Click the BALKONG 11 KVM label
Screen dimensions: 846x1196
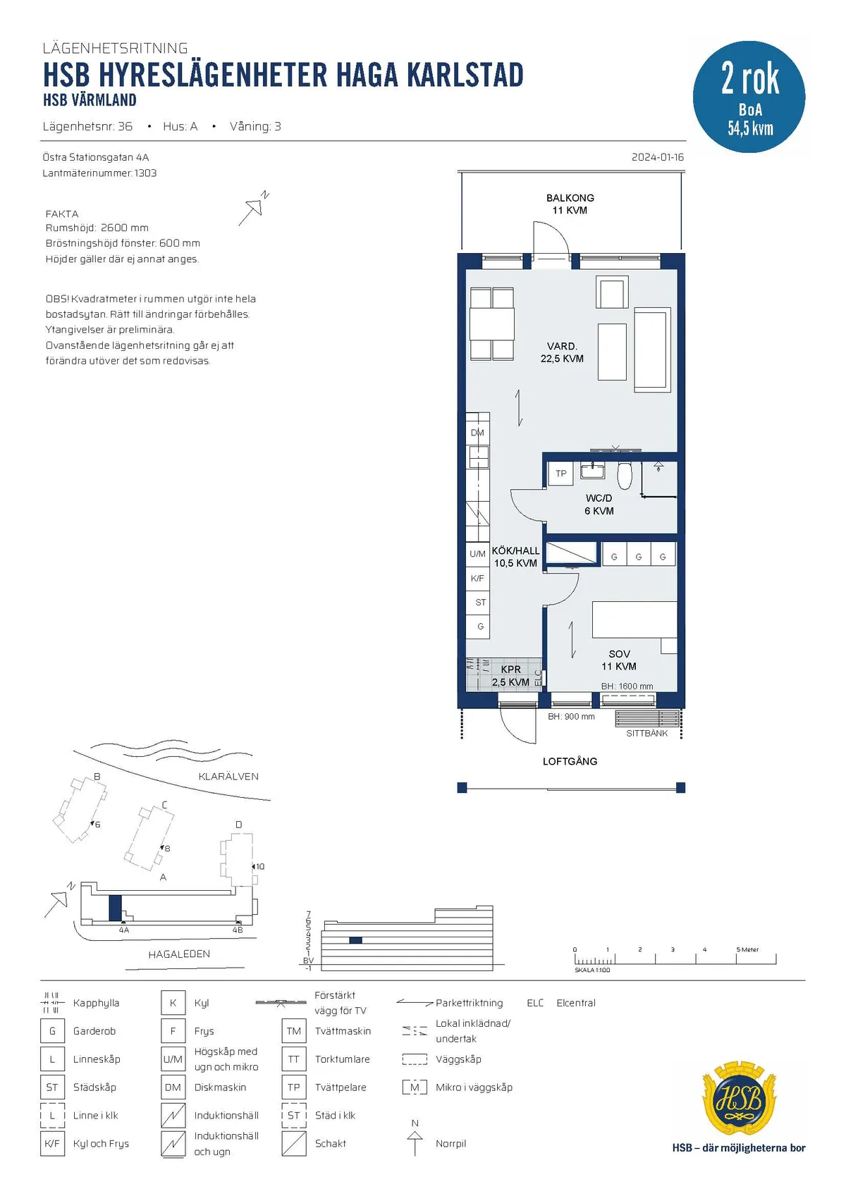(x=570, y=204)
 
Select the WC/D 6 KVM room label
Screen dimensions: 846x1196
(x=599, y=505)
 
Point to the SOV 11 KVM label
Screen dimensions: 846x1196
(x=619, y=660)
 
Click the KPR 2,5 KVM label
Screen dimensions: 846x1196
(x=510, y=675)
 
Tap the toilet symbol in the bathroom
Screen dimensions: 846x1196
(x=625, y=474)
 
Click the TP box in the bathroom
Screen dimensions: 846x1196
(x=560, y=473)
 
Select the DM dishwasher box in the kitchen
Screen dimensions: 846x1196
(x=477, y=433)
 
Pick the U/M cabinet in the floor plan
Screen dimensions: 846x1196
(x=477, y=554)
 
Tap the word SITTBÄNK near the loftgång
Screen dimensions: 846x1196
(x=646, y=733)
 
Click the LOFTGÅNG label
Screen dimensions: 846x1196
(x=570, y=761)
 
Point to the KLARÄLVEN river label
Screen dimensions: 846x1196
(x=228, y=777)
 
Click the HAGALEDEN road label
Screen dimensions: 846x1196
(x=179, y=954)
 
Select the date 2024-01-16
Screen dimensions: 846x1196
(x=658, y=157)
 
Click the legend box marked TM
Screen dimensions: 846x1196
(x=294, y=1031)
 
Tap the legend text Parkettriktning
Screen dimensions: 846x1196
(x=469, y=1003)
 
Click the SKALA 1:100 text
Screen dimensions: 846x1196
(x=591, y=970)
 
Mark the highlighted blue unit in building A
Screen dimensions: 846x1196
(x=115, y=908)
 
